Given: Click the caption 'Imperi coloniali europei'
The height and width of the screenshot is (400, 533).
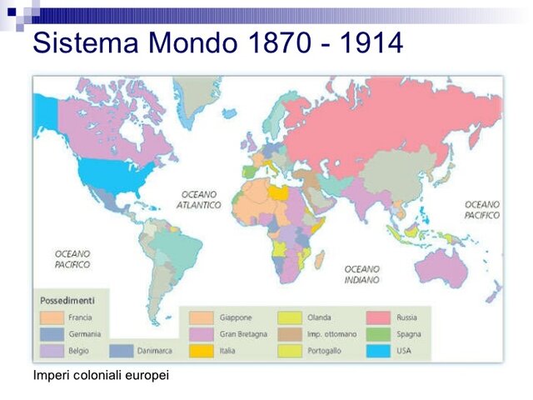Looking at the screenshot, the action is click(x=101, y=376).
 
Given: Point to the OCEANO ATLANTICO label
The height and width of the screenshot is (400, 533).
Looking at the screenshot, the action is click(x=201, y=199).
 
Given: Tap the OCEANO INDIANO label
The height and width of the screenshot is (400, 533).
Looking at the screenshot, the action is click(x=362, y=275).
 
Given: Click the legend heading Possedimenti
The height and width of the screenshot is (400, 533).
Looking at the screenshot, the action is click(x=67, y=300).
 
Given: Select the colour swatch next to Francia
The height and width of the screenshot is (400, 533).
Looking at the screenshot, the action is click(x=52, y=317).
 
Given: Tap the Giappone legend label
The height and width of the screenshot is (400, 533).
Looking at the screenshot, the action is click(x=236, y=317).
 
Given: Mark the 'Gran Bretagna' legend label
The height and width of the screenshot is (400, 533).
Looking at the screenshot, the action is click(x=243, y=334).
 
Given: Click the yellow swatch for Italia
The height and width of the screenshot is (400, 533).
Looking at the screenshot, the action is click(x=202, y=351).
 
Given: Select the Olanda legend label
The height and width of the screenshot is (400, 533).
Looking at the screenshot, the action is click(x=319, y=317).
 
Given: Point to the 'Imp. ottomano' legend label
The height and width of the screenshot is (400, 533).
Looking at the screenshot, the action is click(x=331, y=334).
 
